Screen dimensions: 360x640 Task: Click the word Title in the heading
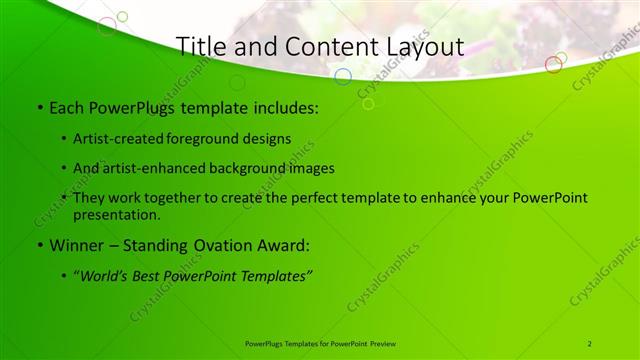tap(200, 46)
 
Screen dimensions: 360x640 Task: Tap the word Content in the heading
tap(324, 46)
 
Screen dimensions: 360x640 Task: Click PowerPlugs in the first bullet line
tap(131, 106)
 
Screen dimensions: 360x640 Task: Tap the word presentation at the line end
tap(116, 214)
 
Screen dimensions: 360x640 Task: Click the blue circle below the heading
tap(342, 76)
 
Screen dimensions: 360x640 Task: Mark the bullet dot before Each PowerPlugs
tap(39, 107)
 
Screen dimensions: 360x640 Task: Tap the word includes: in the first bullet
tap(285, 106)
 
